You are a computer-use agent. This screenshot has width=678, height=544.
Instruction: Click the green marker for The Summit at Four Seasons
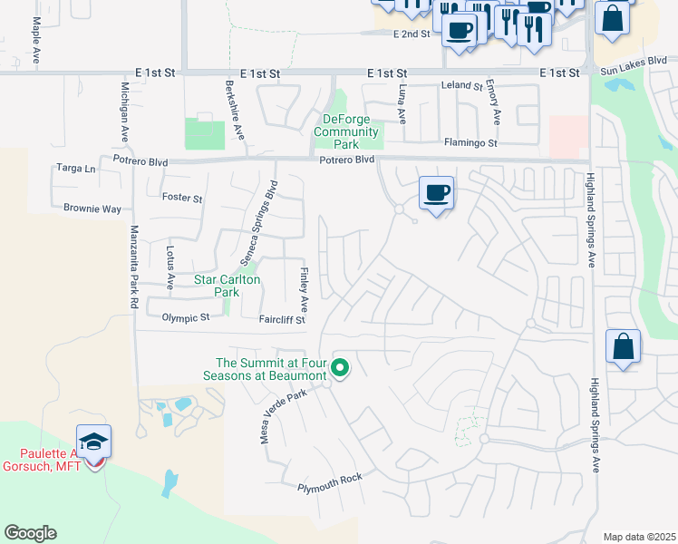pyautogui.click(x=341, y=367)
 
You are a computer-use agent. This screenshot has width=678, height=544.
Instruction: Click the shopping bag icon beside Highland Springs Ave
pyautogui.click(x=623, y=346)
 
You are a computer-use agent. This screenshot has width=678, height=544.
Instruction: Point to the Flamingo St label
pyautogui.click(x=470, y=143)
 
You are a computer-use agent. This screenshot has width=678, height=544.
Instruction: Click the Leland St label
pyautogui.click(x=461, y=86)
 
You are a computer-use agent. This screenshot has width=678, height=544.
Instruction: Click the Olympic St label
pyautogui.click(x=185, y=317)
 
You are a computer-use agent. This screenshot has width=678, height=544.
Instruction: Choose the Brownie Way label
pyautogui.click(x=92, y=209)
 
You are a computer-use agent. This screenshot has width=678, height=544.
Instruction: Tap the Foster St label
pyautogui.click(x=181, y=197)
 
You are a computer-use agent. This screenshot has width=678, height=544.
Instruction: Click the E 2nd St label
pyautogui.click(x=412, y=34)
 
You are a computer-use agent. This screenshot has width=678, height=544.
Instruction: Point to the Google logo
pyautogui.click(x=30, y=533)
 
